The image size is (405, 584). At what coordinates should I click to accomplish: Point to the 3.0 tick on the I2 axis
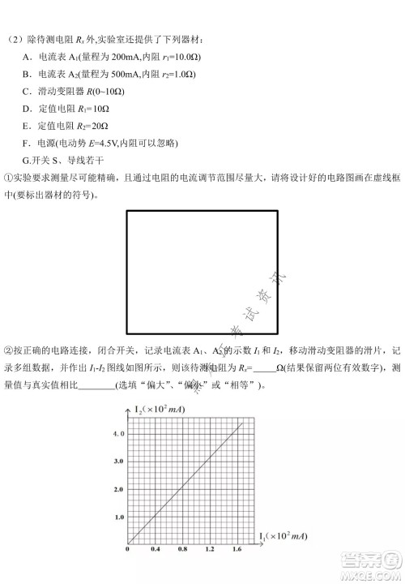click(118, 461)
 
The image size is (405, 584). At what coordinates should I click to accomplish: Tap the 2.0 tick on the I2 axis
click(118, 490)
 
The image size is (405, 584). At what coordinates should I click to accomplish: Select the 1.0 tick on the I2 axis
click(118, 517)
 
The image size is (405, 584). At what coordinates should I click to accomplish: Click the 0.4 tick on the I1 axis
click(156, 550)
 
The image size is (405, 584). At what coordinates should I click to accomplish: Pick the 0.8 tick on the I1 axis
click(184, 550)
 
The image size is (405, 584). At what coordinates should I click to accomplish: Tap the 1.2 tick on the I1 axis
click(211, 550)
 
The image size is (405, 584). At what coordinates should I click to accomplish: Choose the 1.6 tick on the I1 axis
click(237, 550)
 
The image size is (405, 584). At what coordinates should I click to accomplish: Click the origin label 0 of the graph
click(128, 550)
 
